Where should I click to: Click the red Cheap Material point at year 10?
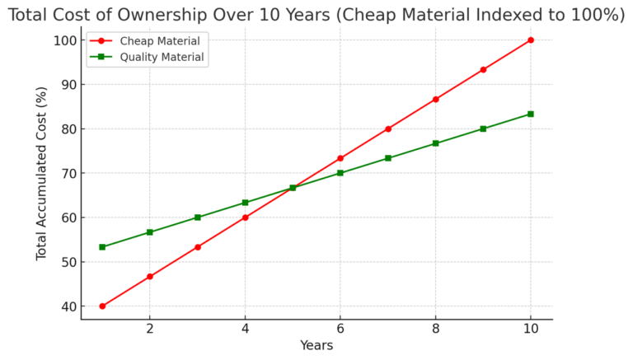530,40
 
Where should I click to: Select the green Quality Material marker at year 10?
530,114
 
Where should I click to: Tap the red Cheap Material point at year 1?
102,306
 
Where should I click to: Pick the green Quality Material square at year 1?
102,247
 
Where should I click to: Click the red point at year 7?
388,129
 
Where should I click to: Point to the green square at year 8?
435,143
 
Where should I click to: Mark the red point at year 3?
198,247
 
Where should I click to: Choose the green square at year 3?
198,217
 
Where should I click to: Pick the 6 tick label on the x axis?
340,329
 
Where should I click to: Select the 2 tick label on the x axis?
150,329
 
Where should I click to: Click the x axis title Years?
316,346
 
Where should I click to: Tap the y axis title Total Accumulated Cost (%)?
42,175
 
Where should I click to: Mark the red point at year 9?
483,69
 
